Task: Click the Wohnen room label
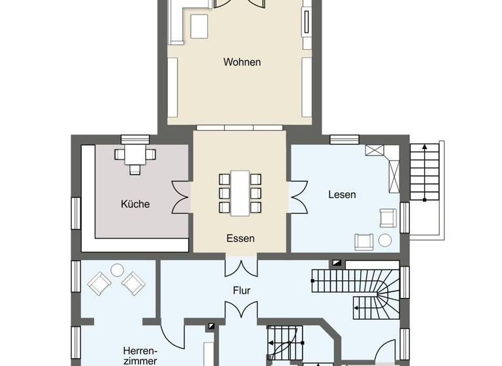click(242, 63)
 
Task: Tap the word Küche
click(135, 204)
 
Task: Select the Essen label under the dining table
click(241, 239)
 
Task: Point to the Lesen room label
click(342, 195)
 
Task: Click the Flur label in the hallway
click(241, 290)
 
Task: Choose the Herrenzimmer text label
click(140, 356)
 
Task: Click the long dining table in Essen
click(240, 193)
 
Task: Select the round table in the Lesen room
click(385, 241)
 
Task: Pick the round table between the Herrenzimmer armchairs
click(117, 269)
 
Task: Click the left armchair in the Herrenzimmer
click(99, 283)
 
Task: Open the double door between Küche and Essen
click(180, 197)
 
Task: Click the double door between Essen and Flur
click(241, 267)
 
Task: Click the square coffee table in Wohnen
click(199, 27)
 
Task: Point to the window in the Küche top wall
click(135, 139)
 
